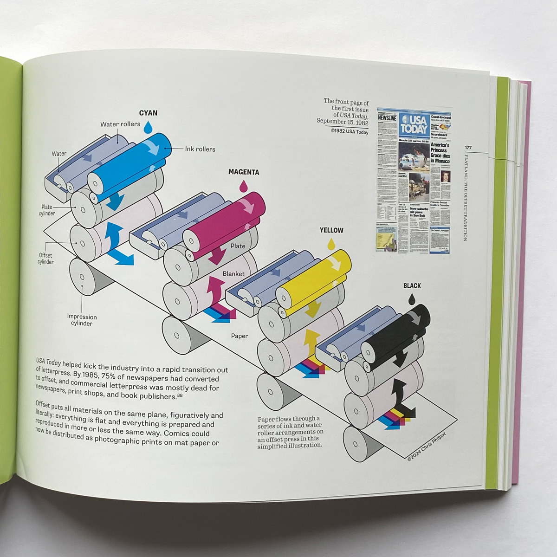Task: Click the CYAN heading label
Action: (149, 113)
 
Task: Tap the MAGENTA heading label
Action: (243, 172)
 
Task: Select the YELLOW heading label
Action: (331, 230)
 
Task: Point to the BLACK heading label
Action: (412, 286)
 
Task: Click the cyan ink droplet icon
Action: (148, 126)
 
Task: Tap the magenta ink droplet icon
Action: (242, 186)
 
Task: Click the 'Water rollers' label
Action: (120, 124)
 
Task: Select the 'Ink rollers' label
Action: (200, 149)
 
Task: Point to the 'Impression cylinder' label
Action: (82, 320)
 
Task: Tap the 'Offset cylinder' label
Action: (45, 259)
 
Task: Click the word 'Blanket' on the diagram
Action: (233, 274)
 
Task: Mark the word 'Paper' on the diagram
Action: (240, 336)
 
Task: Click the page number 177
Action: (468, 148)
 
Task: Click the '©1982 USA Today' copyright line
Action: (350, 132)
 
